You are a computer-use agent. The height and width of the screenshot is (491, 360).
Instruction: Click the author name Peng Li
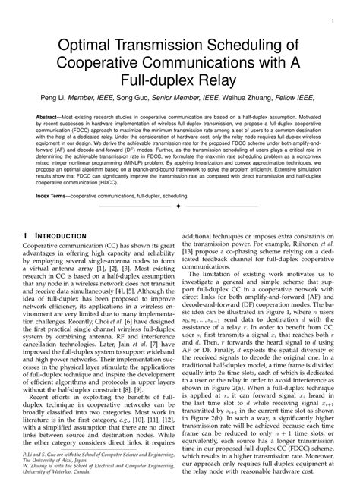tap(87, 97)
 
